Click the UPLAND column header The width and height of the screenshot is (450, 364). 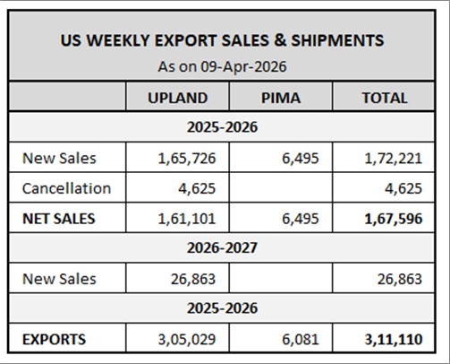click(177, 98)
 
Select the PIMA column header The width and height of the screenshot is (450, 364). click(281, 98)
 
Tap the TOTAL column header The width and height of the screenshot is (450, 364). click(384, 98)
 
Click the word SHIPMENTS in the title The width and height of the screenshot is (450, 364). click(333, 40)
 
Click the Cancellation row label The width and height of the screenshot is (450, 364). click(67, 188)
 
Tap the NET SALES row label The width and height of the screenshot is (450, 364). click(59, 218)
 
